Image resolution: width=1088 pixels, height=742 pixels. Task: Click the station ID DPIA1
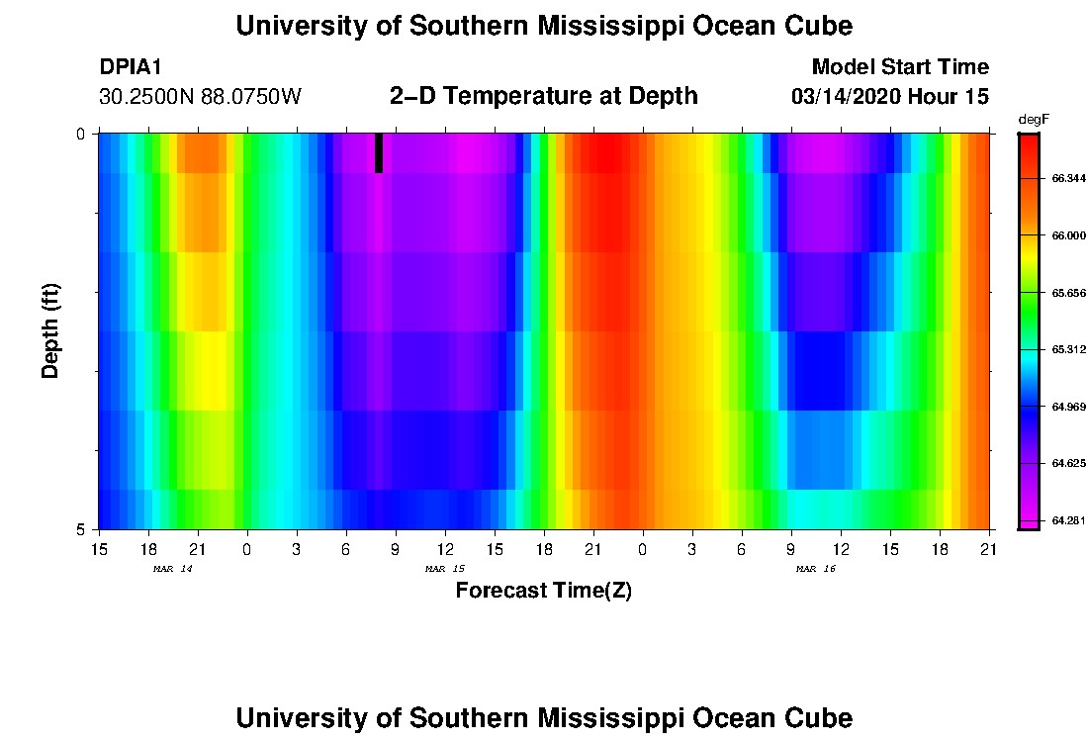(x=131, y=67)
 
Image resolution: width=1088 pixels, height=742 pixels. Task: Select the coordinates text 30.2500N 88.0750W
(x=200, y=97)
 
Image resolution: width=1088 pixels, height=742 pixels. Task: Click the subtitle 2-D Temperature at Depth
(x=544, y=96)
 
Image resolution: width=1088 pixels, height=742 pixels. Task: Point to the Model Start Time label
(x=899, y=67)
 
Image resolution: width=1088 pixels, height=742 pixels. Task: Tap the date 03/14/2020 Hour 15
(x=890, y=97)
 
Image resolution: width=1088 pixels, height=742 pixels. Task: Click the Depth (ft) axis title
(x=51, y=329)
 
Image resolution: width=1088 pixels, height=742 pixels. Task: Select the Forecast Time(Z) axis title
(x=543, y=592)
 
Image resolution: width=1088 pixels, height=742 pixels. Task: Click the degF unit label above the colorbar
(x=1032, y=119)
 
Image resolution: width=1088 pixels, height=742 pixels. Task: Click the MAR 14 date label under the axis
(x=172, y=569)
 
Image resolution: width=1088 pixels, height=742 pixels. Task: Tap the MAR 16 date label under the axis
(x=816, y=569)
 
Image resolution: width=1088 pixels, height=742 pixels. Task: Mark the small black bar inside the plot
(x=379, y=153)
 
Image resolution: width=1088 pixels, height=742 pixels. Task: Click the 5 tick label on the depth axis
(x=81, y=529)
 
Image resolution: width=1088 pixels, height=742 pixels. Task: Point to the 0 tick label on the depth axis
(x=81, y=134)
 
